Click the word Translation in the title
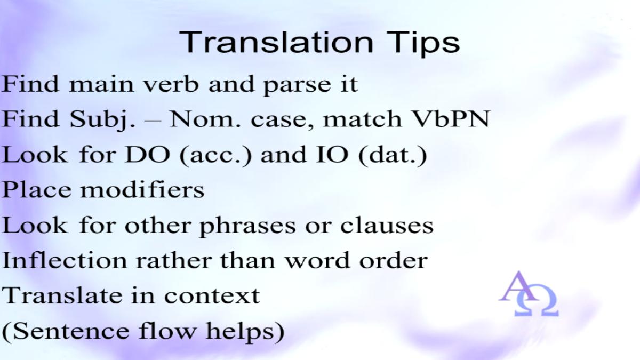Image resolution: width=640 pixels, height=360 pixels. [276, 42]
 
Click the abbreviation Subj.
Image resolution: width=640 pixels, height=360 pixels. [102, 119]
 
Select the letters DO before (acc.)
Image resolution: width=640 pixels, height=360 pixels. [147, 155]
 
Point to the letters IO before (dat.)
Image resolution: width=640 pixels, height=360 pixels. [332, 155]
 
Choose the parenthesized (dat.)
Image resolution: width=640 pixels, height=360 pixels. [393, 156]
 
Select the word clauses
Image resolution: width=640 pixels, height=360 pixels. [387, 226]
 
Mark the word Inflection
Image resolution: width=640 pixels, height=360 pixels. [65, 260]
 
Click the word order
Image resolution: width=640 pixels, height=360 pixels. [394, 260]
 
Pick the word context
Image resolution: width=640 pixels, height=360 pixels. [212, 296]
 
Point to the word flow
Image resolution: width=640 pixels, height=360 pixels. [167, 331]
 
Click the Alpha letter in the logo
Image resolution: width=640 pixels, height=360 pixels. [518, 286]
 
